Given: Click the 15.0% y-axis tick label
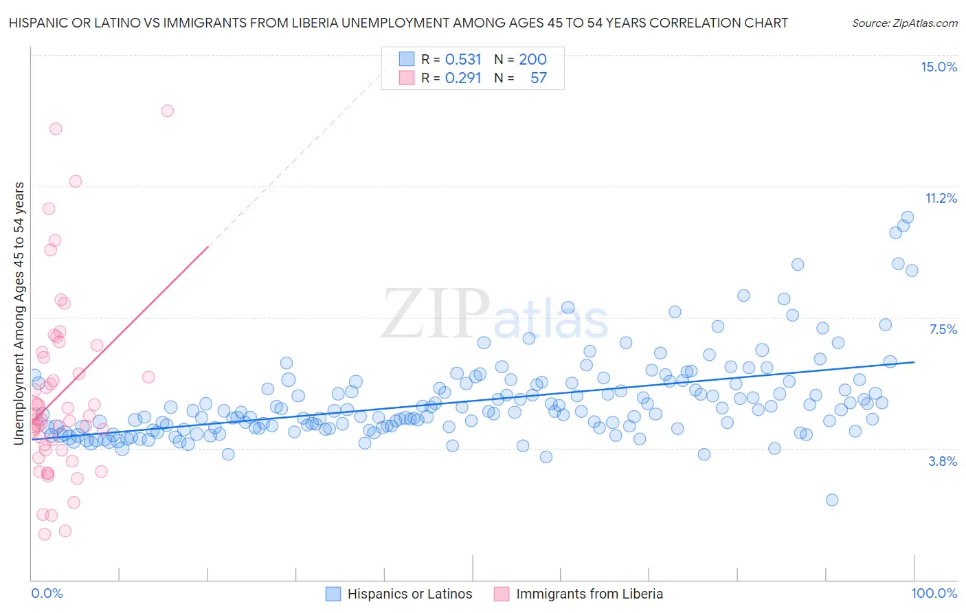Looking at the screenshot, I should pos(939,67).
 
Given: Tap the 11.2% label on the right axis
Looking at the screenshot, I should pos(941,198).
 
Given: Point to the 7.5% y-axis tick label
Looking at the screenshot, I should pos(943,329).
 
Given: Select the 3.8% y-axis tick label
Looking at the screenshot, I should pos(943,461).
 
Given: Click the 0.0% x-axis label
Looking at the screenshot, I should pos(47,593).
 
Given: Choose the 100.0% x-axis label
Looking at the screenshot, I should pos(934,593).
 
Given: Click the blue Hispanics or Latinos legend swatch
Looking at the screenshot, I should pos(333,594).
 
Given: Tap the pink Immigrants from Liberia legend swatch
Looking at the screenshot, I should pos(502,594).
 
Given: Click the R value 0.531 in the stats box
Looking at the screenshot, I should pos(463,59).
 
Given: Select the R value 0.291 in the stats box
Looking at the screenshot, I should pos(463,78).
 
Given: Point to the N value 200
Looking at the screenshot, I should pos(532,59).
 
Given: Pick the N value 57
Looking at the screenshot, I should pos(539,78).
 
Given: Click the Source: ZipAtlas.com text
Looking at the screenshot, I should pos(904,23).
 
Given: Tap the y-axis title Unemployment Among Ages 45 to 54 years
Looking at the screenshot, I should pos(19,313).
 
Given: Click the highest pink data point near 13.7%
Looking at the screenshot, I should pos(167,111).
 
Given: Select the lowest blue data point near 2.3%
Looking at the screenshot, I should pos(832,500).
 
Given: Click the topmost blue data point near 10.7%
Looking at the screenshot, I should pos(908,217).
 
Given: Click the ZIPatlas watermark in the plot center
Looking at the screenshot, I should pos(495,314).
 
